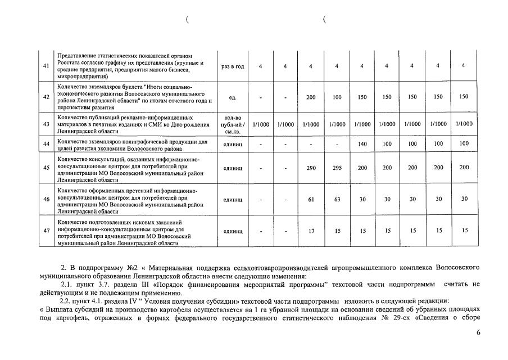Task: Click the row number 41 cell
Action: (x=46, y=66)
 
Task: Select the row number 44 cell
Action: (x=46, y=144)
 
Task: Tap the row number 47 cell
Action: (x=46, y=231)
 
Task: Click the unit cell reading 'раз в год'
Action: (x=233, y=66)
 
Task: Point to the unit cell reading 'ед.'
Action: (x=233, y=97)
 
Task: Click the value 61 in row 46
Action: (x=311, y=199)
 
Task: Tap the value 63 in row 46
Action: (x=337, y=199)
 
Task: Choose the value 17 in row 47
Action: (x=311, y=231)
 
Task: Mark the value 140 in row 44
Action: (x=362, y=144)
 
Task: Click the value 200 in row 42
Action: (x=311, y=97)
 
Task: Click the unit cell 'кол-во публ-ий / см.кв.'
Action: (x=233, y=124)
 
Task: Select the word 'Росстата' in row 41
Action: (x=71, y=63)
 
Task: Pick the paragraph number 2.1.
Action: (x=67, y=284)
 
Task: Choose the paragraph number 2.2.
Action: (x=67, y=301)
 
